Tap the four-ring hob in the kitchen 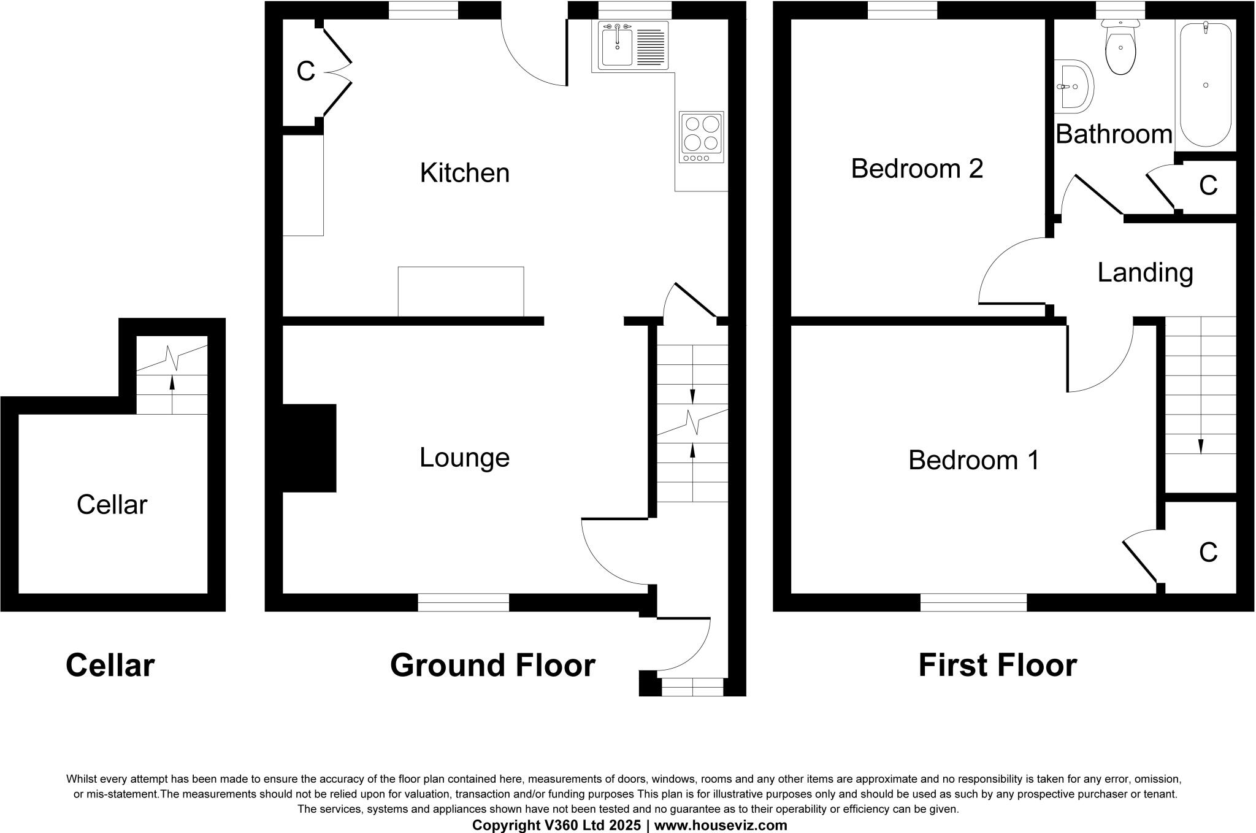(702, 136)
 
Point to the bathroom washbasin (1074, 86)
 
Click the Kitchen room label (464, 173)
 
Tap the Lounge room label (464, 458)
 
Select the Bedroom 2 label (917, 169)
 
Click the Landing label (1145, 273)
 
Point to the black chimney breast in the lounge (309, 448)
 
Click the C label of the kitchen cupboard (305, 72)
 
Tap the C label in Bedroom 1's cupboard (1208, 553)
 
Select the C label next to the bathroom (1208, 185)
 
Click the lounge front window (463, 602)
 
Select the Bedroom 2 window (902, 10)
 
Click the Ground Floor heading (492, 666)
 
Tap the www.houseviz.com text (721, 825)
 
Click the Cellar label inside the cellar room (112, 505)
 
